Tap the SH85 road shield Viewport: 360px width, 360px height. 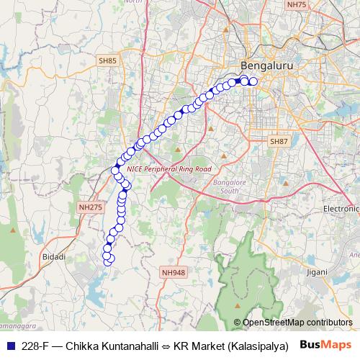(108, 62)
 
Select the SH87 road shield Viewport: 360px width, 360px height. (279, 142)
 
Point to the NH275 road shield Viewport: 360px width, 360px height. (91, 207)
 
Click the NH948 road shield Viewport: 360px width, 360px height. (174, 272)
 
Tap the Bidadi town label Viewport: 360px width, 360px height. (54, 256)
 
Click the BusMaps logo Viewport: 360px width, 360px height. (325, 344)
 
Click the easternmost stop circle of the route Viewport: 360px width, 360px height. (253, 81)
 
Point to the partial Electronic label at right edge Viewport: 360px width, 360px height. (341, 208)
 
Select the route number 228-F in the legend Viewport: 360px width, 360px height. (35, 345)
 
